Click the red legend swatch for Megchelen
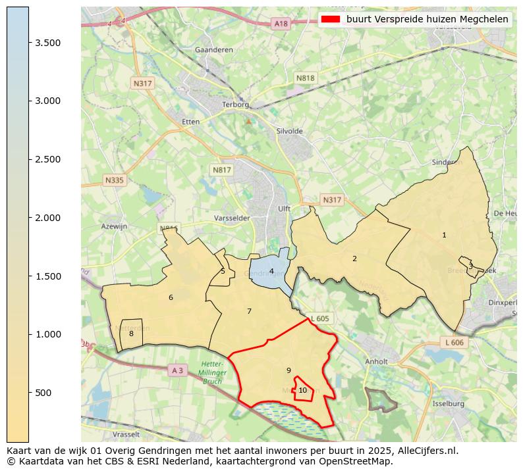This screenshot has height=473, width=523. pyautogui.click(x=331, y=19)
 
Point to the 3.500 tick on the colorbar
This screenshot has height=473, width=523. pyautogui.click(x=29, y=43)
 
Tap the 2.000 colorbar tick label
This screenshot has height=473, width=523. pyautogui.click(x=48, y=218)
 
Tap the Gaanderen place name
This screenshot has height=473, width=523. pyautogui.click(x=210, y=50)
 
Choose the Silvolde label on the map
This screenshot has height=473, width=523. pyautogui.click(x=290, y=132)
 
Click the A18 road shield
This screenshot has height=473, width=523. pyautogui.click(x=281, y=24)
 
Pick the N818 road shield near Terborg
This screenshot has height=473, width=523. pyautogui.click(x=305, y=78)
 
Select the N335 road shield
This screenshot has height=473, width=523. pyautogui.click(x=114, y=180)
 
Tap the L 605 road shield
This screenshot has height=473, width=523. pyautogui.click(x=319, y=318)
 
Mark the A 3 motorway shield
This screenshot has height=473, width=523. pyautogui.click(x=177, y=370)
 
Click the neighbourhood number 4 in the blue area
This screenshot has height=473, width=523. pyautogui.click(x=271, y=271)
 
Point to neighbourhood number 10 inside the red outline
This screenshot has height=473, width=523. pyautogui.click(x=302, y=390)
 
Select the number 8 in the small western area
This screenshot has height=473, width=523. pyautogui.click(x=131, y=334)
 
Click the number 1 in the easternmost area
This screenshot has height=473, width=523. pyautogui.click(x=444, y=235)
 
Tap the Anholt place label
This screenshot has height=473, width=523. pyautogui.click(x=376, y=361)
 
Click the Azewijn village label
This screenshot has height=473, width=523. pyautogui.click(x=113, y=226)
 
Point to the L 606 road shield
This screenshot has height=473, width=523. pyautogui.click(x=454, y=343)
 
